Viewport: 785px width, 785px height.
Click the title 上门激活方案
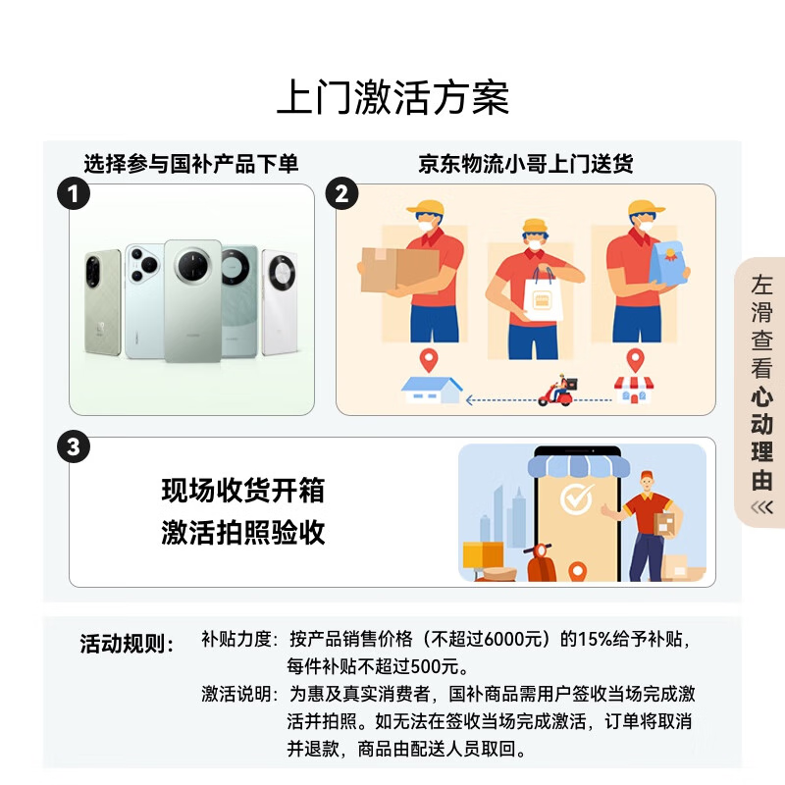(x=392, y=100)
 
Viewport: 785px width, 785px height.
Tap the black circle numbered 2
(x=340, y=193)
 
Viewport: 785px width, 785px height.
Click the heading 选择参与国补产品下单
(x=190, y=164)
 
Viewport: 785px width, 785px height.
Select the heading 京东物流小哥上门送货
(x=525, y=164)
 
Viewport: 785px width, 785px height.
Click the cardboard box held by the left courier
(x=397, y=269)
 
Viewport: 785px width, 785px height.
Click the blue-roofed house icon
(x=432, y=389)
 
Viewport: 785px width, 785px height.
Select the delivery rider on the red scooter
(x=558, y=391)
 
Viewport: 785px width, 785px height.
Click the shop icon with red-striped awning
(x=632, y=389)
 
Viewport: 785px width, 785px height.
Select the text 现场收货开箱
(x=242, y=490)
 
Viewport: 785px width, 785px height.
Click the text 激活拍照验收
(x=242, y=532)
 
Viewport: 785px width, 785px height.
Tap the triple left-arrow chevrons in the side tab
(x=761, y=507)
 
